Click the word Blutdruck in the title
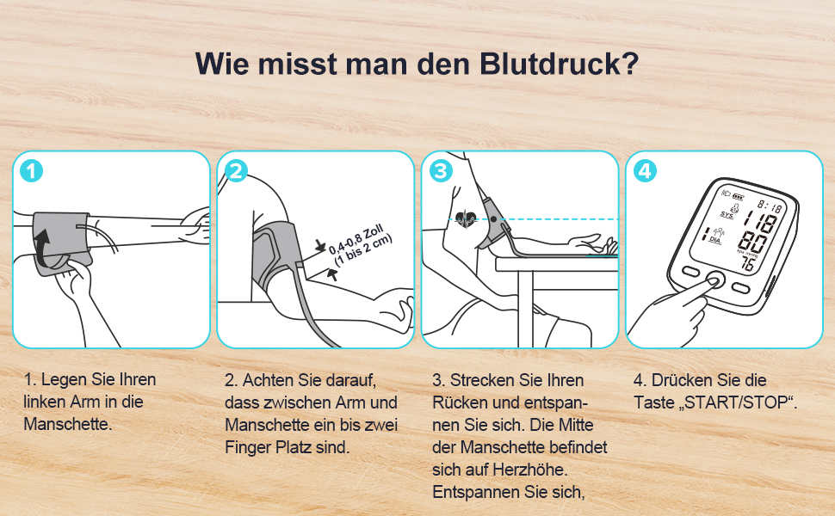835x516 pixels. [x=559, y=64]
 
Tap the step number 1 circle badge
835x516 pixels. [x=31, y=171]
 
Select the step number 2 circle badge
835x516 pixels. [x=236, y=171]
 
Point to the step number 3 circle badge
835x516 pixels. [x=441, y=171]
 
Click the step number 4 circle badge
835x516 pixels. [x=645, y=171]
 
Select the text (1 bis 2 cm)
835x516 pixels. [x=363, y=251]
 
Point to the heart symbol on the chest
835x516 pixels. [x=466, y=218]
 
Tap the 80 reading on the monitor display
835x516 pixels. [x=752, y=243]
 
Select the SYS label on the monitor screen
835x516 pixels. [x=727, y=215]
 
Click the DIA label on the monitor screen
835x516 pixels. [x=715, y=239]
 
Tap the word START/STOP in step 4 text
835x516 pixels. [x=736, y=402]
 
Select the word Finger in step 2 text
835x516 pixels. [x=248, y=447]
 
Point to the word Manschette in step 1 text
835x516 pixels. [x=67, y=424]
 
